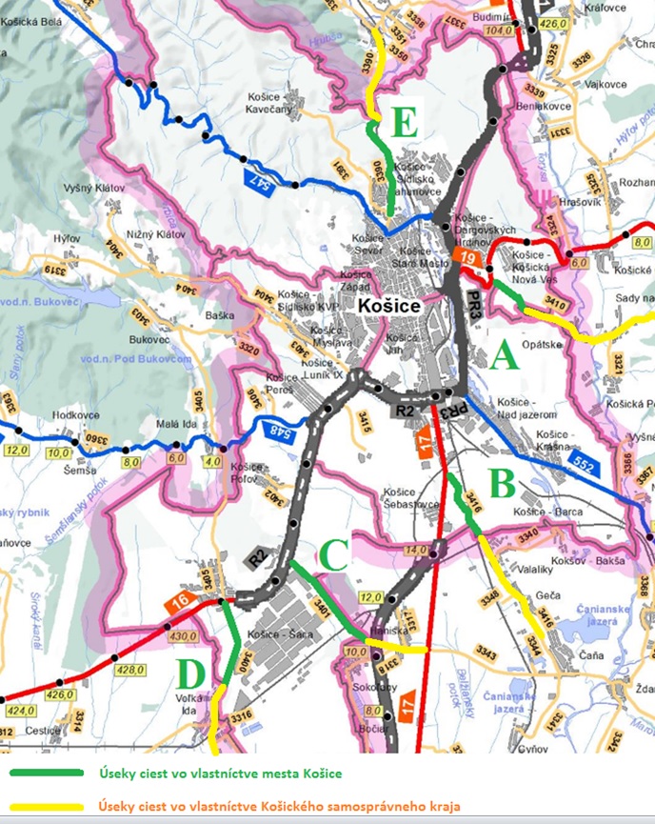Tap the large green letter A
tap(504, 356)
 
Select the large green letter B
tap(503, 483)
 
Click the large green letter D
tap(190, 675)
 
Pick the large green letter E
tap(404, 122)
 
